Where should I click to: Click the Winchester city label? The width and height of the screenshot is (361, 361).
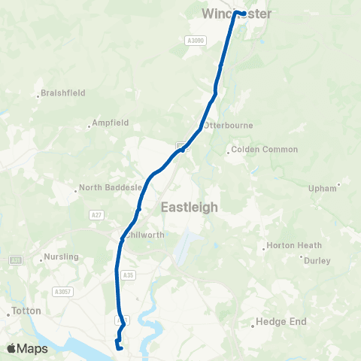pos(236,14)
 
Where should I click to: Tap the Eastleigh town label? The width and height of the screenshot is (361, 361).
pos(190,207)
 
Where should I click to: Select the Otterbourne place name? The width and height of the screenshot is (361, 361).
pos(229,125)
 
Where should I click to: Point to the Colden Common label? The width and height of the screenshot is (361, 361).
pos(265,150)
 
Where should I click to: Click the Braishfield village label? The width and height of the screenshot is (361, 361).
pos(63,93)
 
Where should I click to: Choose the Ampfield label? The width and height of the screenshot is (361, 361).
pos(111,123)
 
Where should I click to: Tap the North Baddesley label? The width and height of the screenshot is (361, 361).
pos(111,187)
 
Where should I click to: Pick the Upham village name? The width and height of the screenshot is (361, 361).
pos(323,189)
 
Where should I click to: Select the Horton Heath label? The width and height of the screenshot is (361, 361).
pos(294,246)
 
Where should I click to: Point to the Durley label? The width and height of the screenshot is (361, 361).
pos(317,261)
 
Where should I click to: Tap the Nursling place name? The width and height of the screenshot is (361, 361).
pos(62,256)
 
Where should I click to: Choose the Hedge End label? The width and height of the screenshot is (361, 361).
pos(281,321)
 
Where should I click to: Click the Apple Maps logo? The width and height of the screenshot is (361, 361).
pos(27,348)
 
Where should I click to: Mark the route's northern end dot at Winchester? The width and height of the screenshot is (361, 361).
pos(238,13)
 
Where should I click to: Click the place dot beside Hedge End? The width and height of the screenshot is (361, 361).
pos(252,325)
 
